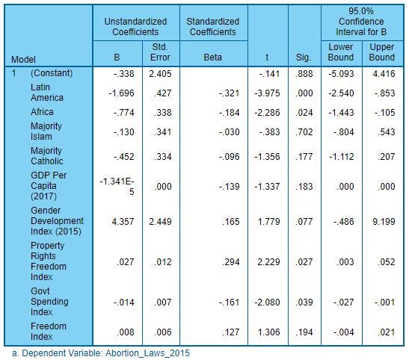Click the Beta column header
click(212, 58)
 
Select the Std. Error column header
click(160, 52)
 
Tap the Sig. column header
click(304, 58)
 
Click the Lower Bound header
click(341, 52)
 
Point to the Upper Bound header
click(382, 52)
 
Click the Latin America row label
click(47, 93)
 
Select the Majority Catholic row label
click(47, 156)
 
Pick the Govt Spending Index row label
click(49, 302)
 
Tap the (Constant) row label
click(52, 73)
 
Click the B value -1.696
click(121, 93)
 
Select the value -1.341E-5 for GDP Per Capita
click(117, 187)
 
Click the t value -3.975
click(267, 93)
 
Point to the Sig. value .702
click(304, 132)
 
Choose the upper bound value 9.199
click(384, 222)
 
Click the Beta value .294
click(230, 262)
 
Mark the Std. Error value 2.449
click(160, 222)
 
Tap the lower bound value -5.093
click(341, 74)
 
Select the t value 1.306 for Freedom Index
click(268, 332)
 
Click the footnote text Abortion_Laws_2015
click(147, 353)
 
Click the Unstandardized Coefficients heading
click(135, 27)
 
